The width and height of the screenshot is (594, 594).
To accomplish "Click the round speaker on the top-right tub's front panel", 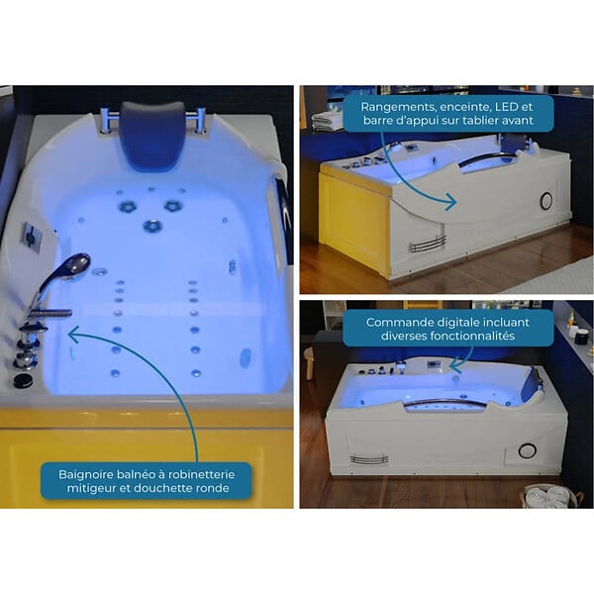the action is coord(546,201).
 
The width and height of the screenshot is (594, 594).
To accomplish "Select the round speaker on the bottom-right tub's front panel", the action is coord(527,450).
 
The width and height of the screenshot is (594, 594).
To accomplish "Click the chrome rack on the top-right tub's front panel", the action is coord(428,245).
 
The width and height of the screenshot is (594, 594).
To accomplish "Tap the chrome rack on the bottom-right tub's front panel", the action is coord(369,459).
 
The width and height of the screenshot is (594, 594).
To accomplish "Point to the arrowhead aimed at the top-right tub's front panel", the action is coord(452,202).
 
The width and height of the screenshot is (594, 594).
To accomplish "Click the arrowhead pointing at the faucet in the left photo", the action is coord(73,335).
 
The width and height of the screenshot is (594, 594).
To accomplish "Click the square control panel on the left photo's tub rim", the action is coord(31,238).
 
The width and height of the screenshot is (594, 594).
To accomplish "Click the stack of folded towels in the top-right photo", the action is coord(327,120).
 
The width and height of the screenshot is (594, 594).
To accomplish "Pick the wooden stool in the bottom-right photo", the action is coord(310,362).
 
